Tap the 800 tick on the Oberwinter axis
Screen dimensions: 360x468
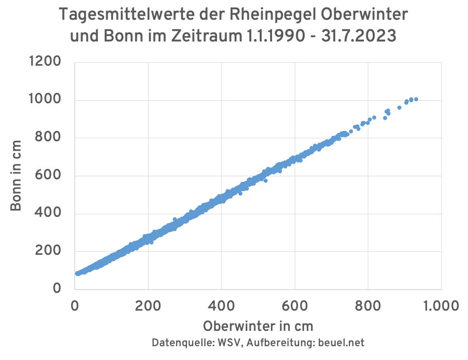368,306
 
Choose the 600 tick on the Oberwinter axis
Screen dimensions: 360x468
295,306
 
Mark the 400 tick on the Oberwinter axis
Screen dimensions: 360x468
221,306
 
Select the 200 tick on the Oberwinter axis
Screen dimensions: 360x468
148,306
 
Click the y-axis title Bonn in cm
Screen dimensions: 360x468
16,175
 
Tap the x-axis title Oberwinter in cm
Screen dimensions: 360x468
258,326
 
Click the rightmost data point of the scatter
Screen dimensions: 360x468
416,99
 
